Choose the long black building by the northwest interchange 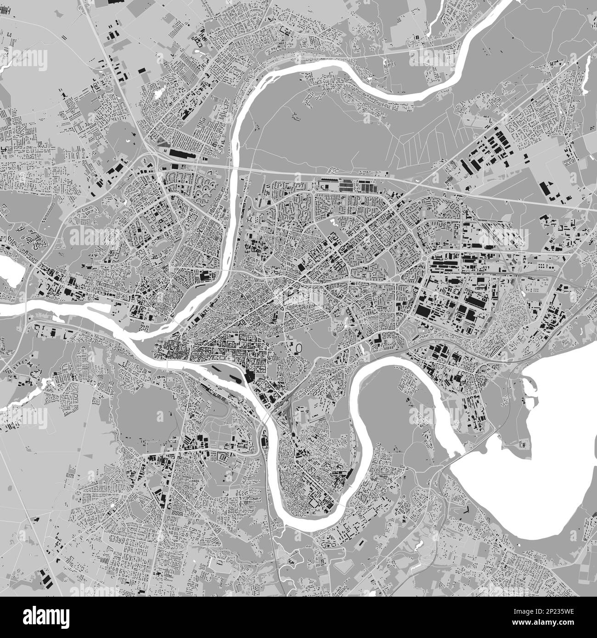click(x=181, y=153)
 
